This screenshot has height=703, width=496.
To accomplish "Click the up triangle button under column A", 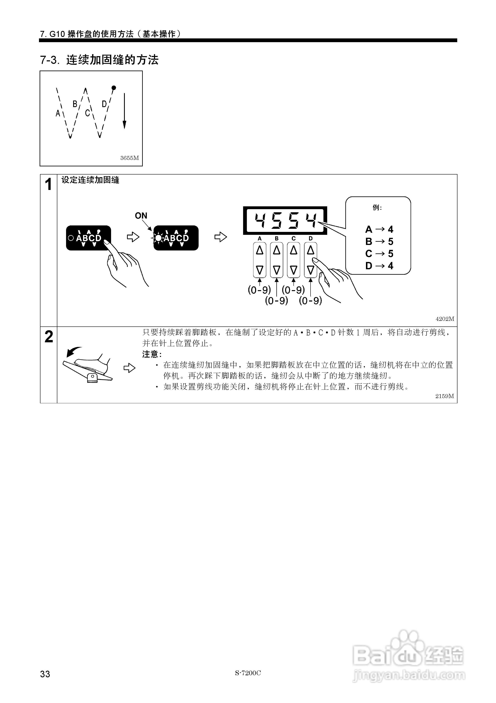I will (260, 250).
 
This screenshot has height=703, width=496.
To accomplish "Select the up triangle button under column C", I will (294, 250).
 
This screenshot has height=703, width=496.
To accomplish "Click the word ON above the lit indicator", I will (141, 216).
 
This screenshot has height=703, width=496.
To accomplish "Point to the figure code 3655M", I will (129, 158).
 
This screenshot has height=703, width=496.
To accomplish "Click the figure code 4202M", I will (445, 319).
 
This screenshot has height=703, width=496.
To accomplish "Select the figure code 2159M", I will (445, 396).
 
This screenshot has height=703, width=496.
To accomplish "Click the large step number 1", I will (48, 185).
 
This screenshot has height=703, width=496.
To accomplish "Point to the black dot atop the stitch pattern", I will (114, 88).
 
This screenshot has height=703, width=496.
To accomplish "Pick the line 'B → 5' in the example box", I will (379, 241).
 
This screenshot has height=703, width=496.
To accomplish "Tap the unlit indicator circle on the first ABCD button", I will (71, 238).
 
